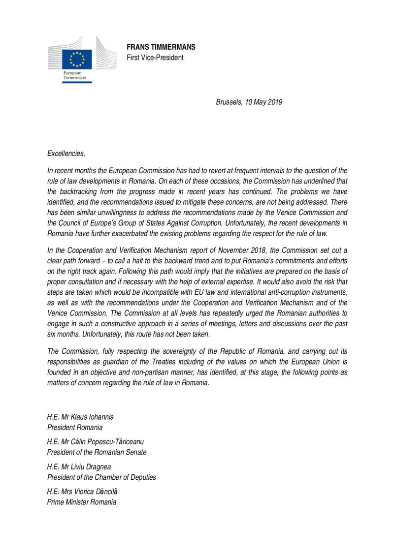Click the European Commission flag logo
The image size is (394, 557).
(76, 59)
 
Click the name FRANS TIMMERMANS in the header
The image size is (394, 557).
(161, 47)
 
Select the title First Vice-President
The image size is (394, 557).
(155, 58)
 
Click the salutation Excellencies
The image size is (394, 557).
(66, 154)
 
